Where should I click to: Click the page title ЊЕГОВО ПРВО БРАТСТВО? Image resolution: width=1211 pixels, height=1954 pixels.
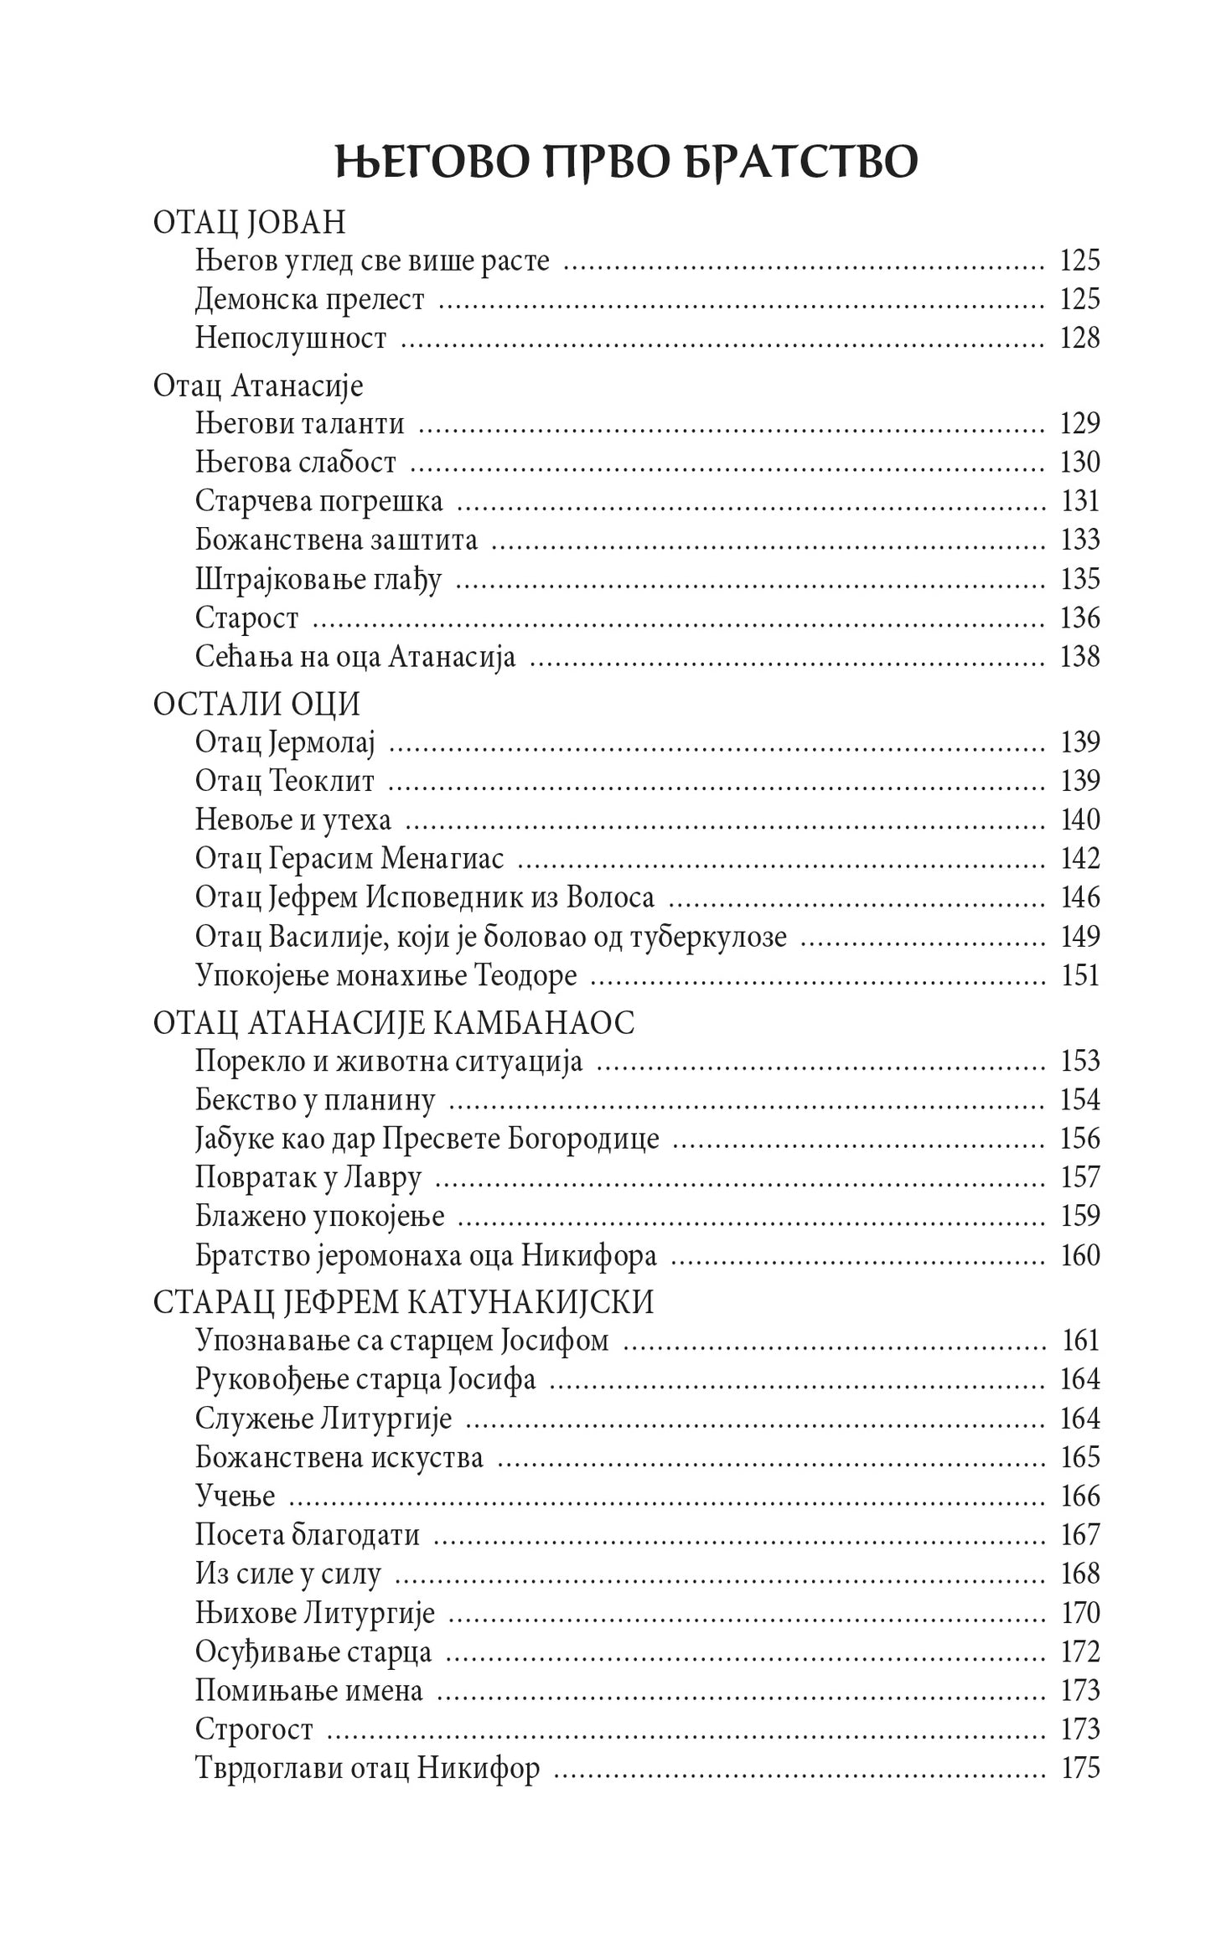point(626,163)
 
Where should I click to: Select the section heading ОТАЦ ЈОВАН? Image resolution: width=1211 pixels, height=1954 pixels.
point(249,223)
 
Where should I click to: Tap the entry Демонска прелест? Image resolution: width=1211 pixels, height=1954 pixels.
point(310,300)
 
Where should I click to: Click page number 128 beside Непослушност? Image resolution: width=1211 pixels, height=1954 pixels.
point(1079,339)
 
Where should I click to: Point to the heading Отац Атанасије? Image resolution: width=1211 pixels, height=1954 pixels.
point(258,386)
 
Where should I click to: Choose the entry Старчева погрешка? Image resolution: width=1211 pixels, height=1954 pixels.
point(319,501)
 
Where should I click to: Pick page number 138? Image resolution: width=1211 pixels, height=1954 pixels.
point(1079,656)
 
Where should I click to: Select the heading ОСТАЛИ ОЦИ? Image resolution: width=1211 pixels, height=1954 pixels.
point(256,705)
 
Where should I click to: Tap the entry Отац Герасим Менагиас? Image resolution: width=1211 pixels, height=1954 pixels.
point(355,859)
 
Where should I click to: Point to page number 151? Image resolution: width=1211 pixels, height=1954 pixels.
point(1079,975)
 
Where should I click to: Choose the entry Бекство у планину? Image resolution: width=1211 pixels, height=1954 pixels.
point(315,1100)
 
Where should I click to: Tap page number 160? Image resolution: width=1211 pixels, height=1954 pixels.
point(1079,1255)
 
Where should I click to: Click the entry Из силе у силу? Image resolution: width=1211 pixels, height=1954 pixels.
point(288,1574)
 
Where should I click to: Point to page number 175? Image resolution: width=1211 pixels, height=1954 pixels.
point(1079,1768)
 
